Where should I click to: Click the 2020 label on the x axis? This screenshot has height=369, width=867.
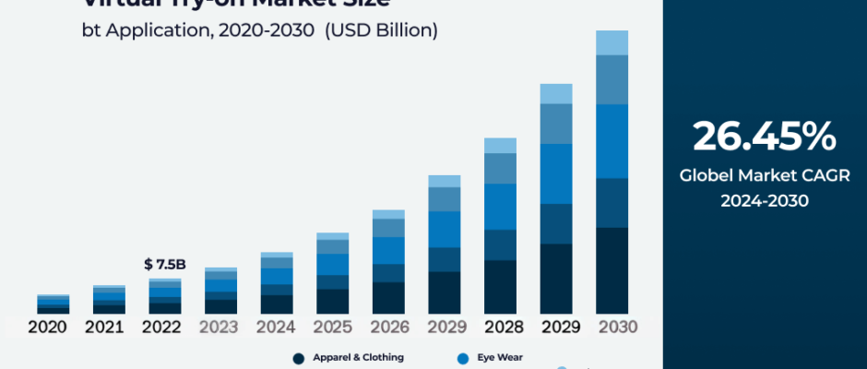coord(47,327)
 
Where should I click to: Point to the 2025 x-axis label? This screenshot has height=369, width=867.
coord(333,327)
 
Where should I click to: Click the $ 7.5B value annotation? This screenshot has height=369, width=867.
coord(165,265)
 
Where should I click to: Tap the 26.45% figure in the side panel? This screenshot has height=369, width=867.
coord(765,137)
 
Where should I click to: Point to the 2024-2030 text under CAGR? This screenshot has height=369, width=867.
coord(765,199)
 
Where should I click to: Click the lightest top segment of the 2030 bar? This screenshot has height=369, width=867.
coord(612,42)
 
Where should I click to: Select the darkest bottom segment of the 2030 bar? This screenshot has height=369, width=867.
coord(612,270)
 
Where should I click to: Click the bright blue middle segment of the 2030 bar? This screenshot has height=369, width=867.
coord(612,140)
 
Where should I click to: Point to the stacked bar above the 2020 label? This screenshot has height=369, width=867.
coord(53,304)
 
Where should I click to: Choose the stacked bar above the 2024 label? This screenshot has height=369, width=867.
coord(277,282)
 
